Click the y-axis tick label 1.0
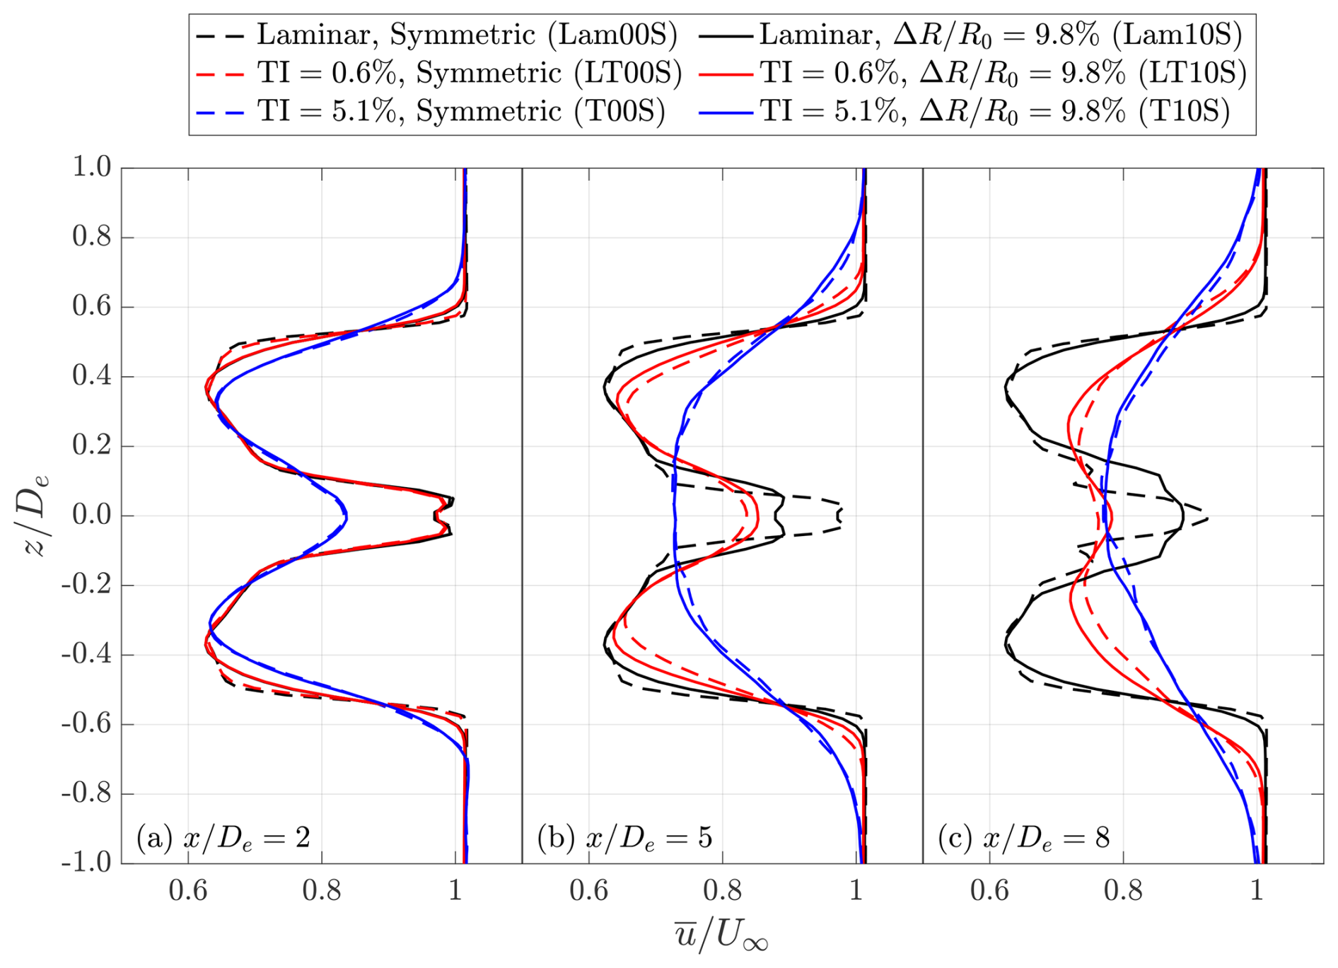[92, 168]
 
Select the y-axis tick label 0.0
[92, 515]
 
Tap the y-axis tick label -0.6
[86, 724]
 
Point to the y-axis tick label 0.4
[92, 376]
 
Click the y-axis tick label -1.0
[86, 863]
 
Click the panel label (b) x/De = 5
[624, 837]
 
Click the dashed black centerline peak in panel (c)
[1206, 518]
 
